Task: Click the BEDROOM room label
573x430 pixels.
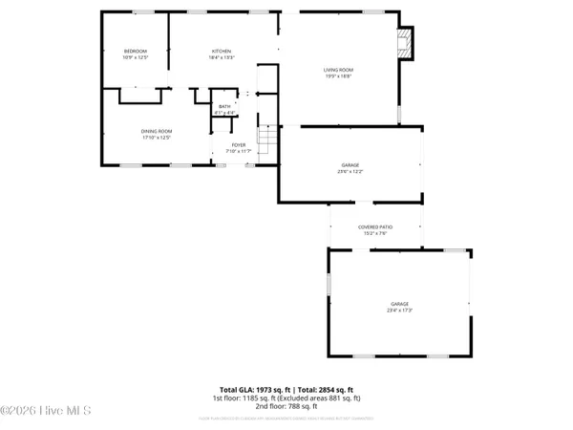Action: tap(135, 51)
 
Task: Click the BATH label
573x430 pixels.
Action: tap(224, 106)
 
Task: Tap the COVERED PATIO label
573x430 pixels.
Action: tap(374, 226)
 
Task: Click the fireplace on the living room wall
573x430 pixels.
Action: tap(406, 41)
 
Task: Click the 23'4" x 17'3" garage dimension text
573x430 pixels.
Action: tap(398, 310)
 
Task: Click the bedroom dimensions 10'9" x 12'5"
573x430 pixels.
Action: tap(135, 57)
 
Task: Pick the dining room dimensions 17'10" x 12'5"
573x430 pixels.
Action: tap(158, 138)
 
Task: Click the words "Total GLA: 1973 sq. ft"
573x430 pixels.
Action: tap(253, 390)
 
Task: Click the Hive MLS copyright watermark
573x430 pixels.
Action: tap(46, 411)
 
